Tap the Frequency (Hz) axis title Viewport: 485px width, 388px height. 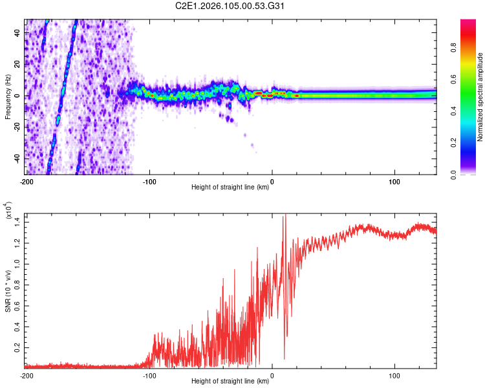tap(8, 96)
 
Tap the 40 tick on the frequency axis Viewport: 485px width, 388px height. tap(18, 33)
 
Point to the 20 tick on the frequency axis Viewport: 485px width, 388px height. tap(18, 65)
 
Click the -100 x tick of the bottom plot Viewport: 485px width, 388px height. tap(149, 375)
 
